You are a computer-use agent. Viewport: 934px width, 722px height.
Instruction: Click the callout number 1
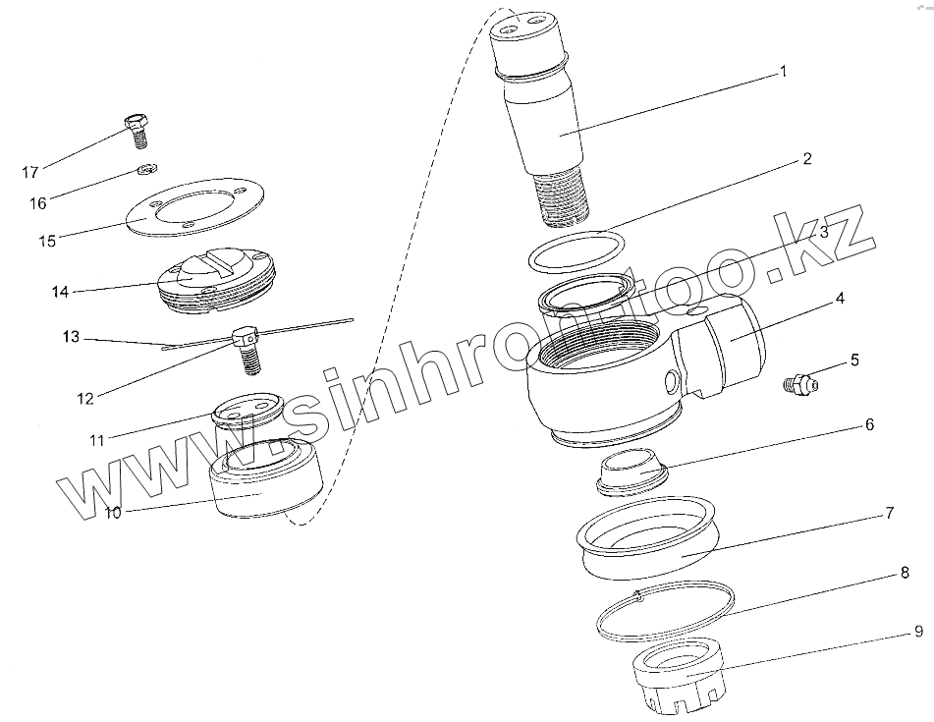(x=784, y=72)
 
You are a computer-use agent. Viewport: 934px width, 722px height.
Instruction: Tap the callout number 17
(x=30, y=173)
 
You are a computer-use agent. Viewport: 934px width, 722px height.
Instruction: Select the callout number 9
(x=918, y=631)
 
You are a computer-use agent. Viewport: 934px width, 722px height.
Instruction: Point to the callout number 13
(x=71, y=337)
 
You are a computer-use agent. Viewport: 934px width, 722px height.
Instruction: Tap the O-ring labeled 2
(x=576, y=252)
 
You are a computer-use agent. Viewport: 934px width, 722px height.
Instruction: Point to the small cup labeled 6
(x=632, y=472)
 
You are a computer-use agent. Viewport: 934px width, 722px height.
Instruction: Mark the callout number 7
(x=889, y=513)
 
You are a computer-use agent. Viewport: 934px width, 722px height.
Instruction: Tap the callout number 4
(x=840, y=298)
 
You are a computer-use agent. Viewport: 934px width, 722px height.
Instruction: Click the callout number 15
(x=48, y=242)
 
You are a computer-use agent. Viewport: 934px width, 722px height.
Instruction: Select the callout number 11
(x=97, y=441)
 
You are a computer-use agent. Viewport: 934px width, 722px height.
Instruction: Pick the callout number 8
(x=905, y=573)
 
